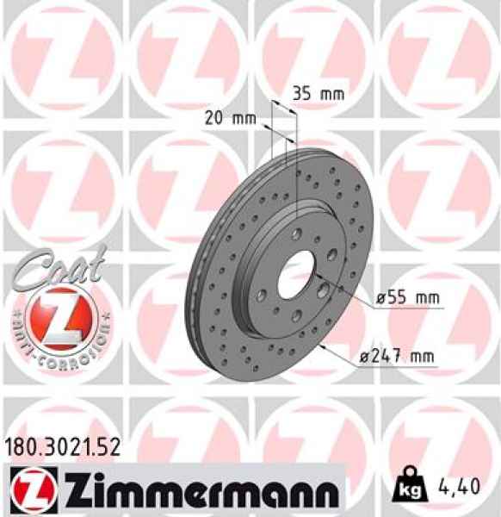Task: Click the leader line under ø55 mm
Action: coord(405,308)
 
